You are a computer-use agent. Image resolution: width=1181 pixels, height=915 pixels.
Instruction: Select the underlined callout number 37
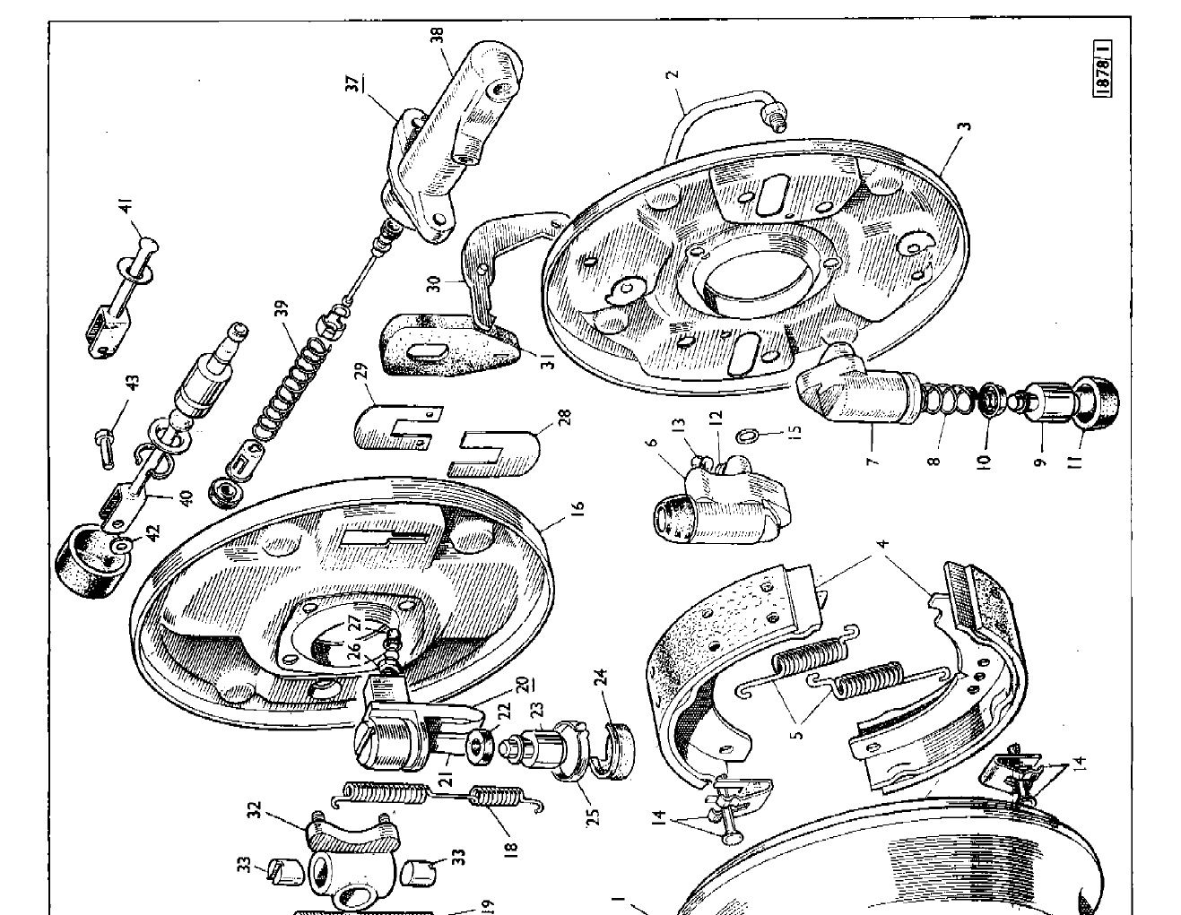[x=354, y=83]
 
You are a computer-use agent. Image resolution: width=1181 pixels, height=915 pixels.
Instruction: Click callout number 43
[x=133, y=383]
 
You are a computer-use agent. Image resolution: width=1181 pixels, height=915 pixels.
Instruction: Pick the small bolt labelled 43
[x=105, y=444]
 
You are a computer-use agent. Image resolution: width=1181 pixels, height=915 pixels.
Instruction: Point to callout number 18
[x=512, y=847]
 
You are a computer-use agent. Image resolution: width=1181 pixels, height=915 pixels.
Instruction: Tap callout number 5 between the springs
[x=798, y=730]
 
